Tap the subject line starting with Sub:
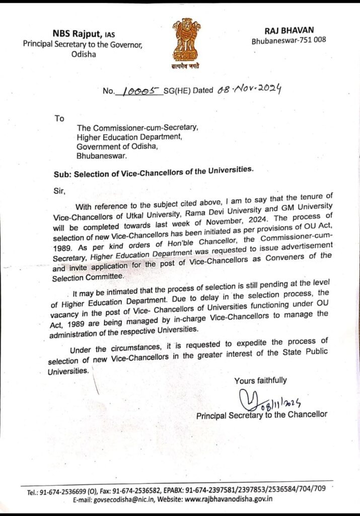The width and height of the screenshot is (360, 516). point(153,172)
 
